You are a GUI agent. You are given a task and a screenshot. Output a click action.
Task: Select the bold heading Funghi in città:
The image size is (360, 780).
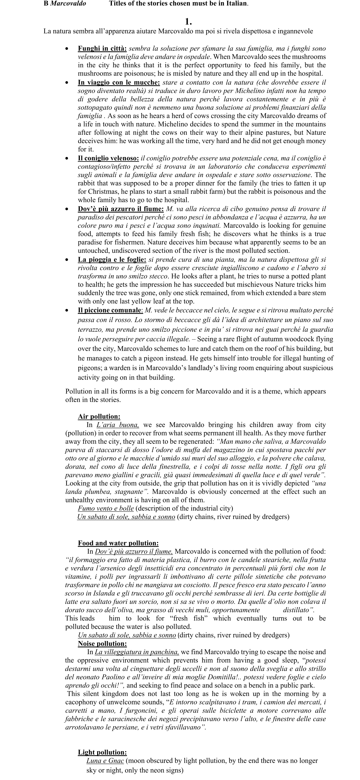tap(102, 48)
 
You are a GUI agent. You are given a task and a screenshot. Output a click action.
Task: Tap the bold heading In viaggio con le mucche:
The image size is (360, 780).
tap(119, 82)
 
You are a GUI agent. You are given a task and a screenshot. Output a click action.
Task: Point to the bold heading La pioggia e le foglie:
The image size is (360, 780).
tap(112, 260)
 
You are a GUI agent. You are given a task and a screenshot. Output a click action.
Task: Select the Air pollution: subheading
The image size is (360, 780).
tap(99, 417)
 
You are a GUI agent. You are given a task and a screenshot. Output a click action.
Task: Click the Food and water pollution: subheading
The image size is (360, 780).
tap(118, 543)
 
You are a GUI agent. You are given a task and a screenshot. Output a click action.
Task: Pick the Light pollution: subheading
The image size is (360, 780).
tap(102, 752)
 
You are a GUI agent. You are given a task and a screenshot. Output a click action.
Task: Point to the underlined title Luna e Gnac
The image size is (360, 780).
tap(105, 761)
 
